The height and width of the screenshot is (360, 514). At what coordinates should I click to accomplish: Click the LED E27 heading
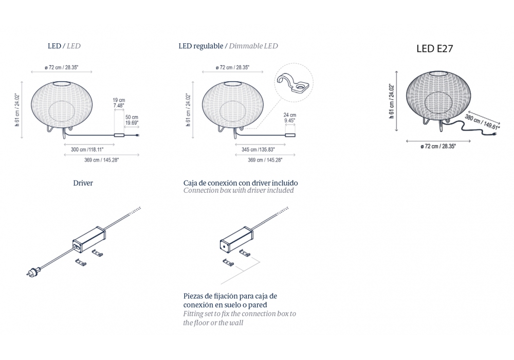pos(435,48)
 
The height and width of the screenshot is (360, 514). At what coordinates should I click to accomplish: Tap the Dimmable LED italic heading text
pos(253,46)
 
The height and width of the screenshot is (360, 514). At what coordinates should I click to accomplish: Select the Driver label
pos(83,183)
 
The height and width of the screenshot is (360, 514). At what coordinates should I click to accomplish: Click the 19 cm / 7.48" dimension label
pos(119,103)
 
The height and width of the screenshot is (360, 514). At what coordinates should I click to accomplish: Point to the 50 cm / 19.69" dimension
pos(132,120)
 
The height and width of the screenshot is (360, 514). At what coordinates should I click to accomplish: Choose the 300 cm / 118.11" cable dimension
pos(87,150)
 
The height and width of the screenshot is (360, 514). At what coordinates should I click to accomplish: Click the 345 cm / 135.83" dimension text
pos(259,150)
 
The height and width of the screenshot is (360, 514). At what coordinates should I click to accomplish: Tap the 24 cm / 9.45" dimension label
pos(290,118)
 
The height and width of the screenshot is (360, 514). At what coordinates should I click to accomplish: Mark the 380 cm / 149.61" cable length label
pos(482,122)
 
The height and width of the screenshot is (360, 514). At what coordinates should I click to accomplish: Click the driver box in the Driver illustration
pos(89,239)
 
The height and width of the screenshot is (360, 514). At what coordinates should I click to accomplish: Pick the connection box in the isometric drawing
pos(236,240)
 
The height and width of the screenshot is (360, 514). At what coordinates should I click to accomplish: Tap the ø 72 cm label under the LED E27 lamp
pos(438,146)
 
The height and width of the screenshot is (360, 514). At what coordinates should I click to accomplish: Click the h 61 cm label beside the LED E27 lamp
pos(391,101)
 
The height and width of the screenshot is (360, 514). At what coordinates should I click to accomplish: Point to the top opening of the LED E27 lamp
pos(438,73)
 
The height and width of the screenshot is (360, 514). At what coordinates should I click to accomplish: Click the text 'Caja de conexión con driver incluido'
pos(241,183)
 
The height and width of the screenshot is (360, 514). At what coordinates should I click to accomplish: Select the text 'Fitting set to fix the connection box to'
pos(240,314)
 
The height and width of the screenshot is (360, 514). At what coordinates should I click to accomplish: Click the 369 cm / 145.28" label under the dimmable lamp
pos(265,160)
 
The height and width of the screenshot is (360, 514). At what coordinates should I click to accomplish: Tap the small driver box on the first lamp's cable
pos(119,135)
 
